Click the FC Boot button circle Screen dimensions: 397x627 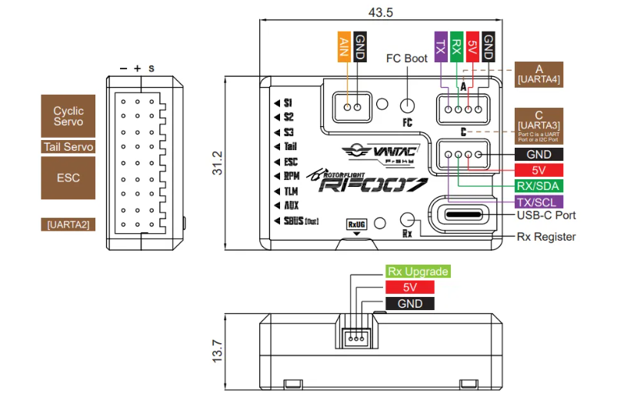pyautogui.click(x=408, y=106)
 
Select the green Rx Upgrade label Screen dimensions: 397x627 pyautogui.click(x=417, y=272)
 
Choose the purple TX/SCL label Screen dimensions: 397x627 pyautogui.click(x=539, y=202)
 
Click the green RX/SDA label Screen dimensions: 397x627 pyautogui.click(x=539, y=185)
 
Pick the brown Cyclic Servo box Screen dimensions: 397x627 pyautogui.click(x=68, y=116)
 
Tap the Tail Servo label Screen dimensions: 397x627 pyautogui.click(x=68, y=147)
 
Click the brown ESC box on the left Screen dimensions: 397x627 pyautogui.click(x=68, y=178)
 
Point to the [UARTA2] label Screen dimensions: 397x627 pyautogui.click(x=68, y=224)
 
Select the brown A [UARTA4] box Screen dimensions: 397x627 pyautogui.click(x=539, y=73)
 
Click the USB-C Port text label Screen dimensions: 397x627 pyautogui.click(x=546, y=215)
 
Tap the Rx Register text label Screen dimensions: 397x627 pyautogui.click(x=546, y=236)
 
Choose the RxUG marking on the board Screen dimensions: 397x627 pyautogui.click(x=357, y=223)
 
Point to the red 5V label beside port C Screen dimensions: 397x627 pyautogui.click(x=539, y=169)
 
